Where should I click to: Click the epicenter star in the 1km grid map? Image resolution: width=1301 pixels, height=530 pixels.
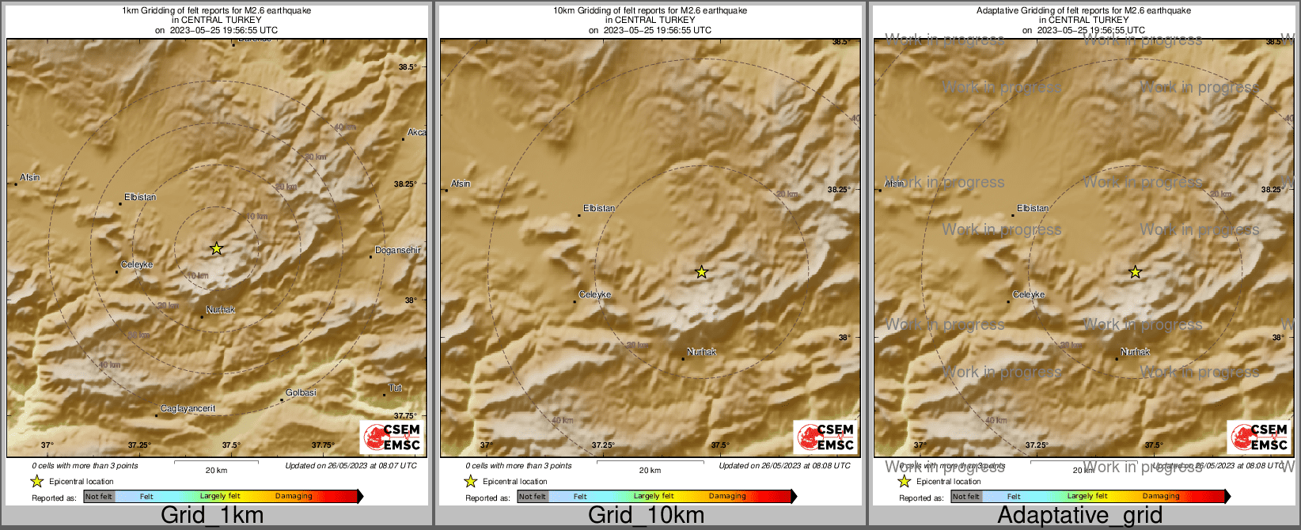tap(217, 248)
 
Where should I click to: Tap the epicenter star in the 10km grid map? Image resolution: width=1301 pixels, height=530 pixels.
tap(701, 272)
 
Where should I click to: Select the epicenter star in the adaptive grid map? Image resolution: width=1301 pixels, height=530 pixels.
tap(1135, 272)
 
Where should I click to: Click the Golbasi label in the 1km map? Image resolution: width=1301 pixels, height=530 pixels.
tap(301, 393)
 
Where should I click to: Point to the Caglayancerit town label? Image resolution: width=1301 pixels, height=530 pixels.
tap(188, 409)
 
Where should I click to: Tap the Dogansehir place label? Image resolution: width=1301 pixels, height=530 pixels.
tap(397, 251)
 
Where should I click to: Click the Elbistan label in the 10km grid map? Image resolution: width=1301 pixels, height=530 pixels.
tap(599, 209)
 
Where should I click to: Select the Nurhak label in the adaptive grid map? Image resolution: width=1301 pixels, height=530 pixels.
tap(1136, 352)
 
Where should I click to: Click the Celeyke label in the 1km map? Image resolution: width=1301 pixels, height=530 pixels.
tap(137, 265)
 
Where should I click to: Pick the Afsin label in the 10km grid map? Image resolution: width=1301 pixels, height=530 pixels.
tap(461, 184)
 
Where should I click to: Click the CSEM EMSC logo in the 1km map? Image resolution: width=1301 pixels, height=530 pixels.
tap(391, 437)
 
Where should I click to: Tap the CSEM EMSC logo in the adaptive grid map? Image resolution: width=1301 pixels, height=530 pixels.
tap(1258, 437)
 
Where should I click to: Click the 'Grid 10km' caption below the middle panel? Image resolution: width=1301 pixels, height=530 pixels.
tap(646, 516)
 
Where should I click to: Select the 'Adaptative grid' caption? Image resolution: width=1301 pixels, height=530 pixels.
tap(1079, 516)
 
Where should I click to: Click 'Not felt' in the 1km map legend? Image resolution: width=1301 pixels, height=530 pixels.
tap(99, 497)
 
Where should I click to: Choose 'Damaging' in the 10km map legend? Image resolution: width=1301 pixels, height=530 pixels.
tap(727, 497)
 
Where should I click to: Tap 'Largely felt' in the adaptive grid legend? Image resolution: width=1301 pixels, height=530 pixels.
tap(1087, 497)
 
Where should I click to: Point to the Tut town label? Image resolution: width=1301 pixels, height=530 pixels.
tap(396, 388)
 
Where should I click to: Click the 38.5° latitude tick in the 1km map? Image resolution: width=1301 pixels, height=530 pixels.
tap(408, 67)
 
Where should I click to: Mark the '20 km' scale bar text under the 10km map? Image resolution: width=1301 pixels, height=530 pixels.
tap(650, 471)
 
